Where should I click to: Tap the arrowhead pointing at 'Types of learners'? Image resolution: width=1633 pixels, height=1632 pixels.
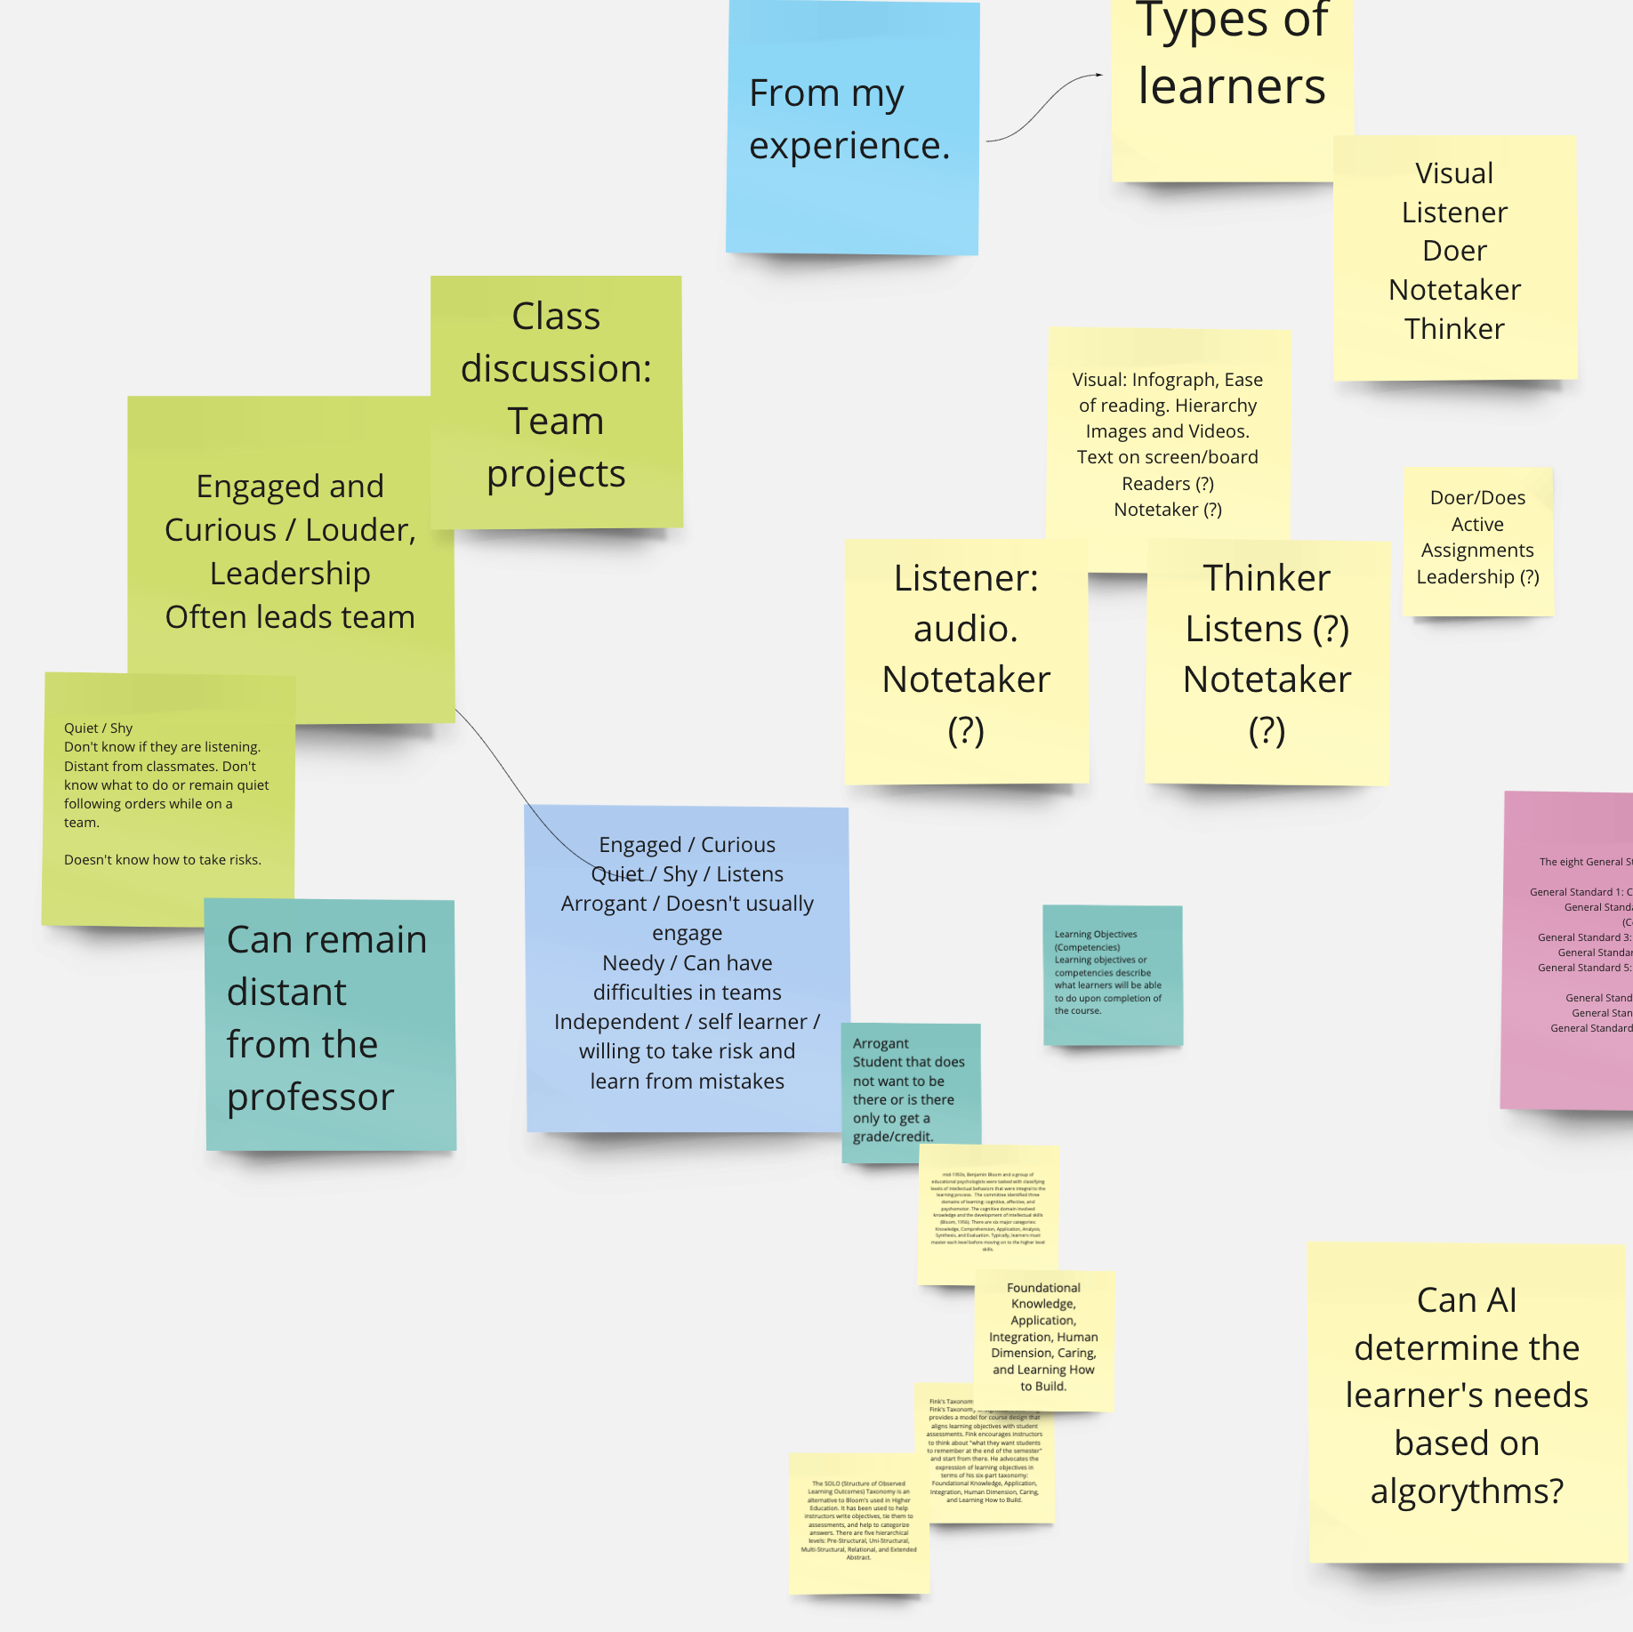click(1098, 76)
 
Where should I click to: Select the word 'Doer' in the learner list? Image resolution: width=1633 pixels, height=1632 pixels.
click(1454, 251)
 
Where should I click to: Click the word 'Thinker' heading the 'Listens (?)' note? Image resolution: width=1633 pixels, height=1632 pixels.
click(1267, 578)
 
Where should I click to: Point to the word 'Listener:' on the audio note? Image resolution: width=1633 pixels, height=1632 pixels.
click(966, 578)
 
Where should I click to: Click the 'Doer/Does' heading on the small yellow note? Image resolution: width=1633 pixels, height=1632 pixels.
click(1477, 498)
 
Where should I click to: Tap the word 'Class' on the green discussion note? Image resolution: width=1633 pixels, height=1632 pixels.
click(556, 317)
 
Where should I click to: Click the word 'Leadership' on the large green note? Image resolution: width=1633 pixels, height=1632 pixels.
click(290, 574)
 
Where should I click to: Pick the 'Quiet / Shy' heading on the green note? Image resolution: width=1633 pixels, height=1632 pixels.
click(98, 728)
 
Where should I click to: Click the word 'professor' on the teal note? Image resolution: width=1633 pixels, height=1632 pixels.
click(310, 1097)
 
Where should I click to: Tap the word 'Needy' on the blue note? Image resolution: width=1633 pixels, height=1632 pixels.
click(632, 963)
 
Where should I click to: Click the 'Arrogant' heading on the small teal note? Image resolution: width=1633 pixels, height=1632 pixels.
click(881, 1043)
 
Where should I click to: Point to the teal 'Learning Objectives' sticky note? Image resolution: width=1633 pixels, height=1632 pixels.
click(1112, 975)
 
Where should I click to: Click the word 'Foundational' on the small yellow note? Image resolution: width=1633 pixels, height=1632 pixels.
click(1043, 1288)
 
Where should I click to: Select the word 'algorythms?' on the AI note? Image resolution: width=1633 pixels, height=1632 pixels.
click(1467, 1491)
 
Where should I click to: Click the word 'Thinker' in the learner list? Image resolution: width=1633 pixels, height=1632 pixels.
click(1454, 329)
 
